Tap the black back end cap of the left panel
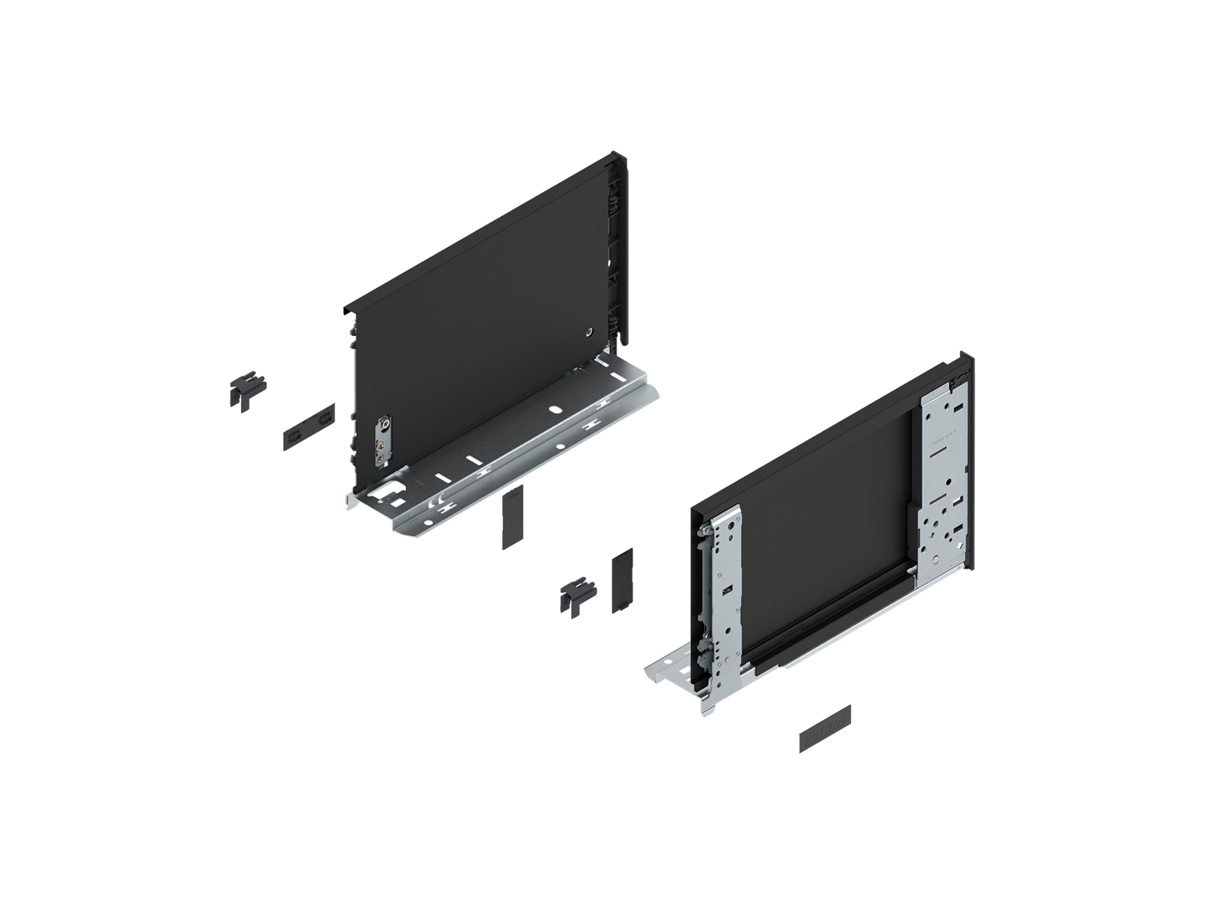tap(618, 249)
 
